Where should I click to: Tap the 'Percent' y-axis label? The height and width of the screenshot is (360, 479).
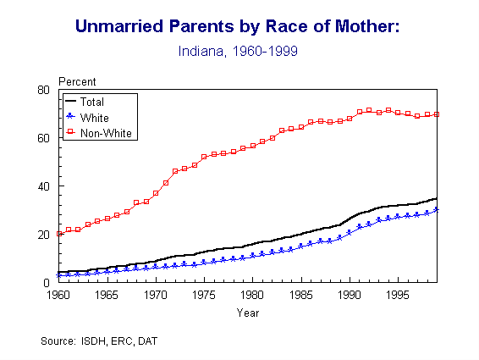[x=77, y=81]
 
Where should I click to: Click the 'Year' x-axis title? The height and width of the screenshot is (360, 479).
[x=248, y=313]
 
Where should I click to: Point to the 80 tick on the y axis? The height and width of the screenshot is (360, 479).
[x=46, y=90]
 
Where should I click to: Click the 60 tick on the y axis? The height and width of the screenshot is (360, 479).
[x=46, y=138]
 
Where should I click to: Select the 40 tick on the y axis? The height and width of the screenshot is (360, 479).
[x=46, y=186]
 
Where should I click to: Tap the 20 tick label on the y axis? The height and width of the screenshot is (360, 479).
[x=46, y=235]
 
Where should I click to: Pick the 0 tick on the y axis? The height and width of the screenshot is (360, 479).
[x=49, y=283]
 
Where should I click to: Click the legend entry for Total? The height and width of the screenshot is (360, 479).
[x=92, y=102]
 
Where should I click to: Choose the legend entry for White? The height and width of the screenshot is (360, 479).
[x=93, y=117]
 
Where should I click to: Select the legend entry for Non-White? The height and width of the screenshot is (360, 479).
[x=102, y=132]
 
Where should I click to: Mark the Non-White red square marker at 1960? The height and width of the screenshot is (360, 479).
[x=59, y=234]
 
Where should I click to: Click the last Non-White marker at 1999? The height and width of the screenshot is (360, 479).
[x=436, y=114]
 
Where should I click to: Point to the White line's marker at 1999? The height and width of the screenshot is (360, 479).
[x=436, y=209]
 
